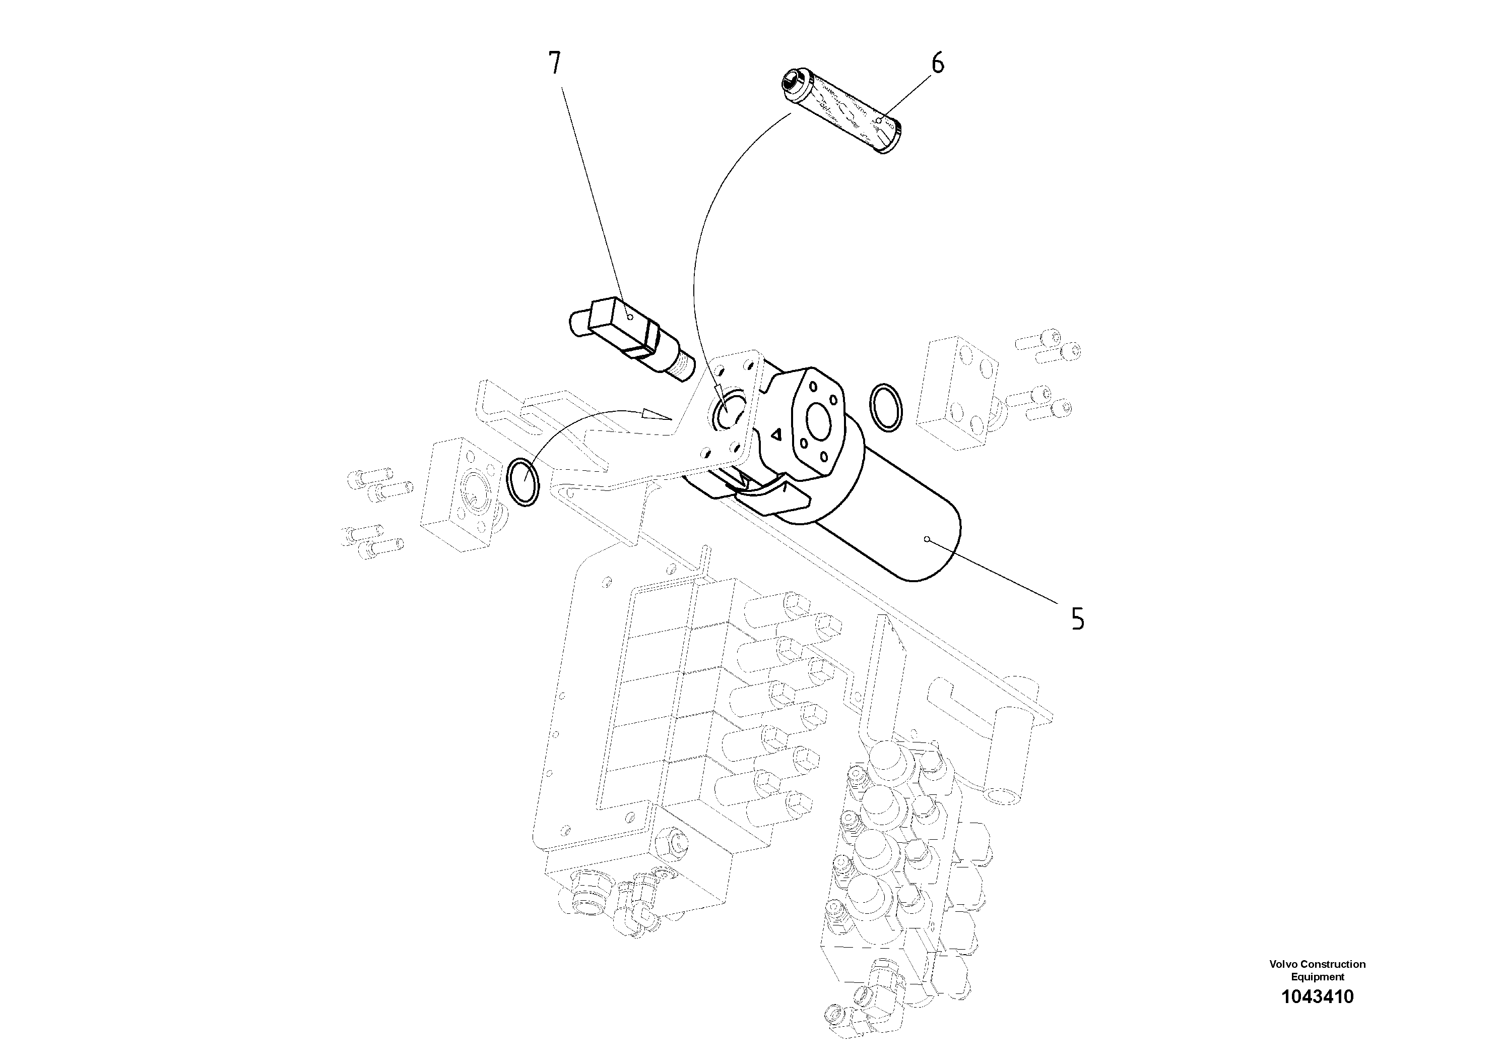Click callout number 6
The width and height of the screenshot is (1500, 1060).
pos(938,64)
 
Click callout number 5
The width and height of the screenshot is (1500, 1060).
pos(1077,618)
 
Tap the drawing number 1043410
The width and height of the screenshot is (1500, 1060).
pos(1317,996)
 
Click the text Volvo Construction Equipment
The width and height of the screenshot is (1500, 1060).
pos(1317,970)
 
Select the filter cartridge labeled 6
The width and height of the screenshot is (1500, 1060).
pos(843,113)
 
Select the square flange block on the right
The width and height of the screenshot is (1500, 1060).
pos(957,392)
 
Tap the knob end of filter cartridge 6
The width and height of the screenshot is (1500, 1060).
pos(791,82)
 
